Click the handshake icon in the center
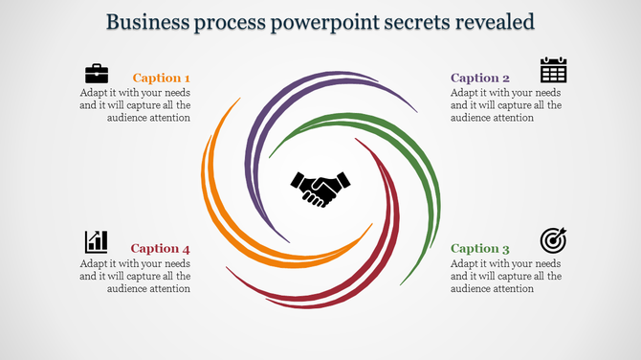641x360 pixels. [320, 188]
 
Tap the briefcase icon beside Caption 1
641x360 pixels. [97, 73]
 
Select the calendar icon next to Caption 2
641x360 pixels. [553, 71]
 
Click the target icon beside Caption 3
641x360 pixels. [553, 239]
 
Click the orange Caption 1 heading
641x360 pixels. [161, 78]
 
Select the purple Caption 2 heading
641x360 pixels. [479, 78]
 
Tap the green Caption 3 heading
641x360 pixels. [479, 248]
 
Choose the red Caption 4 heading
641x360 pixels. [161, 248]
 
